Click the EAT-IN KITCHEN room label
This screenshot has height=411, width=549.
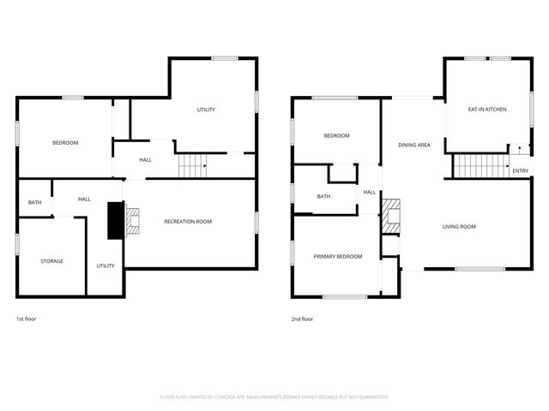(x=486, y=110)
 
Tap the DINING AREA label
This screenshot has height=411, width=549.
(x=413, y=145)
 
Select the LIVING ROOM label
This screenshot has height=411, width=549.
(x=459, y=226)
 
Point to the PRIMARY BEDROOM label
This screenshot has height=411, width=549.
(x=337, y=256)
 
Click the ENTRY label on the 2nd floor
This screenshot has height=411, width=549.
(x=520, y=171)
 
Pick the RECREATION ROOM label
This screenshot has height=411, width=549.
(x=188, y=221)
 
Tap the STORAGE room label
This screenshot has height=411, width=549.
(x=51, y=260)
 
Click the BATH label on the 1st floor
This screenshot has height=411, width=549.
(x=34, y=202)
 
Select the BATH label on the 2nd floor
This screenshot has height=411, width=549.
(x=323, y=196)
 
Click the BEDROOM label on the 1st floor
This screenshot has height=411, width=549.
(x=65, y=142)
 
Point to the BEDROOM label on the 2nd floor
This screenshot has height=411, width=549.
(x=336, y=135)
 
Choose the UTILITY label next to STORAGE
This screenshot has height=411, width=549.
(x=106, y=265)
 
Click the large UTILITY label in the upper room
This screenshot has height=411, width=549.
(x=206, y=110)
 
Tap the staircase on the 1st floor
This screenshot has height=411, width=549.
(x=193, y=165)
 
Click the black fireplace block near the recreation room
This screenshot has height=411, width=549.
(x=114, y=220)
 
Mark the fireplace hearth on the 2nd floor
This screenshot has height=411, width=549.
(x=390, y=215)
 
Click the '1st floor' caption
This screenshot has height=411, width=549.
(x=27, y=319)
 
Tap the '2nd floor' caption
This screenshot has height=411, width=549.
(x=302, y=319)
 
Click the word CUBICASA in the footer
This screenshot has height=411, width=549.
(x=222, y=396)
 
